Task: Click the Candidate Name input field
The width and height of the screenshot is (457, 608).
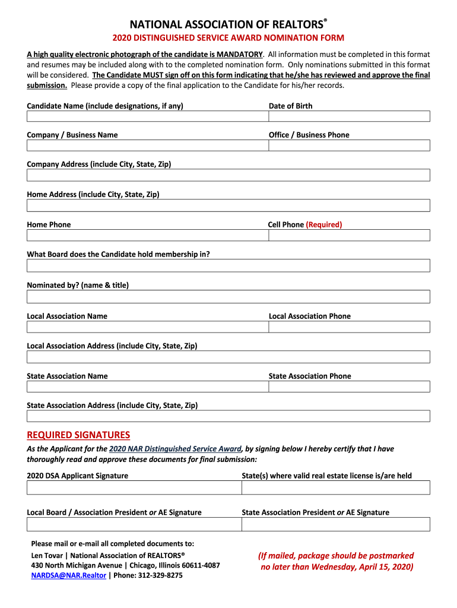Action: [147, 116]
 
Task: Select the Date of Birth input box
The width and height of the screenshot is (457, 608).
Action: [349, 116]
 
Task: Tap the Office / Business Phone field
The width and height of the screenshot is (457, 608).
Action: [349, 145]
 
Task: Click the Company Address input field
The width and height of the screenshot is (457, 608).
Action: [228, 175]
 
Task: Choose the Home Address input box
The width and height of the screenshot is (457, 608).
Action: [228, 205]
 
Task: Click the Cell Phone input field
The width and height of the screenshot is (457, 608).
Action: [349, 235]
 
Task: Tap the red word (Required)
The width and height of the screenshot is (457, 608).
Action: [324, 224]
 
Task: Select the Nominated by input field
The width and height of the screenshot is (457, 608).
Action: [228, 296]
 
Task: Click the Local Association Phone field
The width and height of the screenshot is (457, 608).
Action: [349, 327]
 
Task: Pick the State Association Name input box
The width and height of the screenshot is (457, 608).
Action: [147, 387]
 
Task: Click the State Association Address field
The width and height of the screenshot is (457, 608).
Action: [228, 416]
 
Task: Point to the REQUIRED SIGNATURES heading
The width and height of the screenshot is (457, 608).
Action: [78, 435]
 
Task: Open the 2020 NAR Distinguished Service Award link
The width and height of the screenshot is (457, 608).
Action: [175, 449]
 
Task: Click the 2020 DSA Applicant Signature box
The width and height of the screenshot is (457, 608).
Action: [134, 487]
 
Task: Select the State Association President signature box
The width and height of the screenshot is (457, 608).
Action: [335, 524]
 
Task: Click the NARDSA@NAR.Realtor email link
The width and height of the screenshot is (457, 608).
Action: [68, 575]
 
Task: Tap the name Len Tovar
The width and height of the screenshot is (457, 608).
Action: [46, 555]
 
